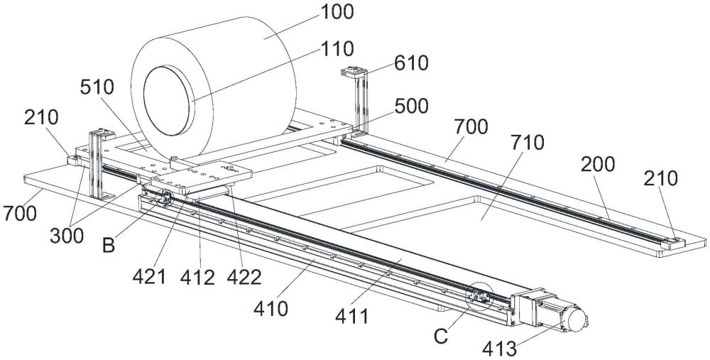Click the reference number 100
click(337, 12)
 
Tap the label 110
click(337, 48)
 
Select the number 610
click(411, 63)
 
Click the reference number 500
click(411, 106)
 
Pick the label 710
click(527, 143)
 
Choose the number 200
click(597, 164)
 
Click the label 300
click(67, 236)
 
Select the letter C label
click(441, 336)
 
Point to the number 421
click(149, 277)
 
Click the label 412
click(197, 277)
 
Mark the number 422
click(244, 277)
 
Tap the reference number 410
click(271, 309)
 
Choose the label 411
click(351, 316)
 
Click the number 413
click(499, 349)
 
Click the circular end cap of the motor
click(575, 319)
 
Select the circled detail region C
click(479, 296)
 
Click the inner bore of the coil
click(167, 100)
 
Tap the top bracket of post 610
click(353, 70)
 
